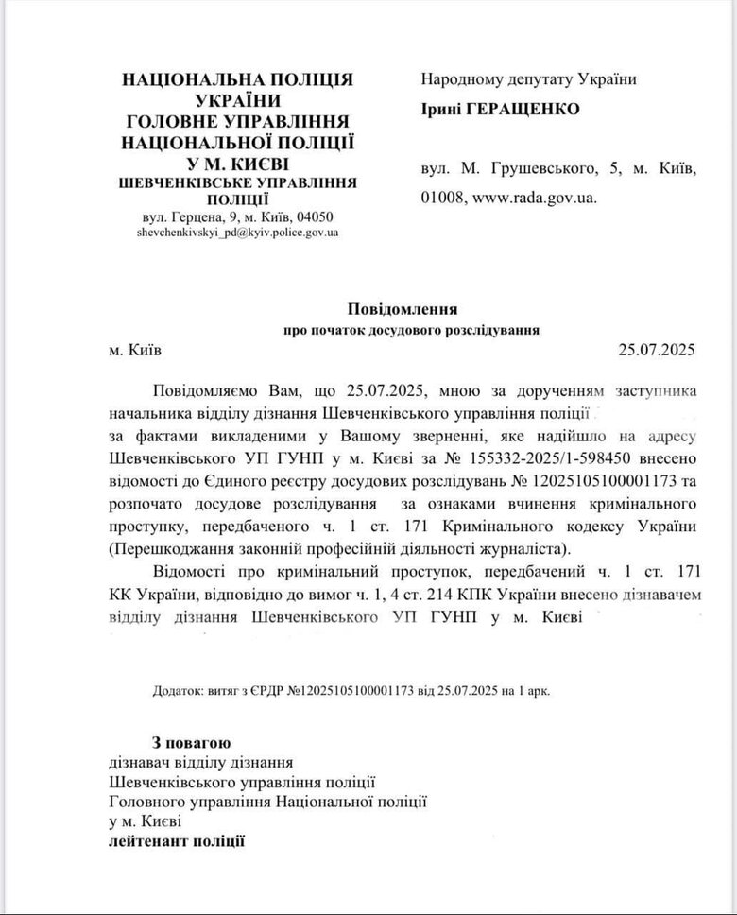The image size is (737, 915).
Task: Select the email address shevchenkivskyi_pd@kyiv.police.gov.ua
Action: [x=238, y=231]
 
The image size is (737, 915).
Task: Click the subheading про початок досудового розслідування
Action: [x=412, y=331]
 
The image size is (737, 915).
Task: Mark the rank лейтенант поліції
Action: [x=177, y=840]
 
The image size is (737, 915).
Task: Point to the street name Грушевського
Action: [x=539, y=169]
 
